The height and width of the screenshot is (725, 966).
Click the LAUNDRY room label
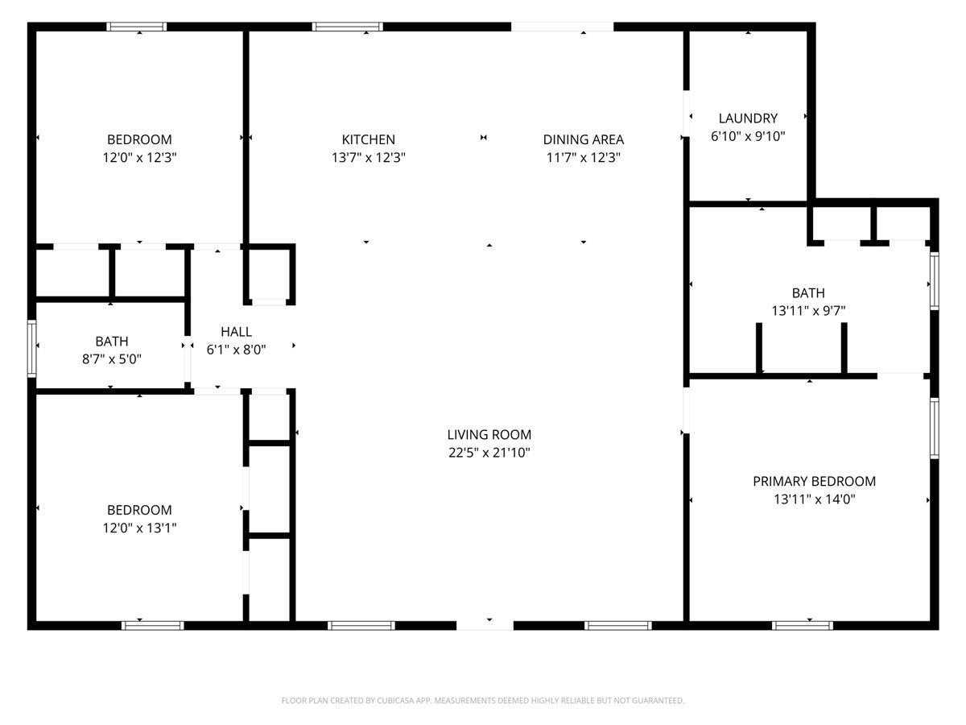pyautogui.click(x=748, y=118)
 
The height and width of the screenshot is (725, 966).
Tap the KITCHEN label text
pyautogui.click(x=369, y=139)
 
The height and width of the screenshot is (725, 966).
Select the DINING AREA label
pyautogui.click(x=583, y=139)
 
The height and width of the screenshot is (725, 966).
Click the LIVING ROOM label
pyautogui.click(x=489, y=434)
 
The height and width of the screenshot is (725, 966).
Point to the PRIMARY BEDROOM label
pyautogui.click(x=814, y=481)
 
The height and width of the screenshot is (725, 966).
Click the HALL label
pyautogui.click(x=237, y=331)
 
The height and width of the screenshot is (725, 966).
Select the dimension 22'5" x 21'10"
pyautogui.click(x=489, y=453)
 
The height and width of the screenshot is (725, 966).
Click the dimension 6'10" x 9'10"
pyautogui.click(x=748, y=136)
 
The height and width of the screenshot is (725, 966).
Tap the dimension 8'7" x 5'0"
pyautogui.click(x=112, y=359)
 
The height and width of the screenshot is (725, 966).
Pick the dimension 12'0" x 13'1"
pyautogui.click(x=139, y=528)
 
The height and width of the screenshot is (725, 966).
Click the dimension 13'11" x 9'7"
pyautogui.click(x=808, y=311)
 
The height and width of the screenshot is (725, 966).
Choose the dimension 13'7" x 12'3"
pyautogui.click(x=369, y=157)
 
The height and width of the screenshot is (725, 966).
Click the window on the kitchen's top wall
pyautogui.click(x=348, y=27)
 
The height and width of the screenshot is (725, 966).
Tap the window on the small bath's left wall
pyautogui.click(x=31, y=349)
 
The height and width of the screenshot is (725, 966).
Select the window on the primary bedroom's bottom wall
pyautogui.click(x=803, y=626)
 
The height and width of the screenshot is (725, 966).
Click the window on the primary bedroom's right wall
pyautogui.click(x=935, y=429)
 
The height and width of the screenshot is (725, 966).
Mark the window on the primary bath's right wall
pyautogui.click(x=935, y=281)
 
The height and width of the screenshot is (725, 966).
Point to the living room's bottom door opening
pyautogui.click(x=485, y=626)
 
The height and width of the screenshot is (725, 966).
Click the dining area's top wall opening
pyautogui.click(x=563, y=27)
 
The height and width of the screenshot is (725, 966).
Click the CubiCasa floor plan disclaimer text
pyautogui.click(x=483, y=700)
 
